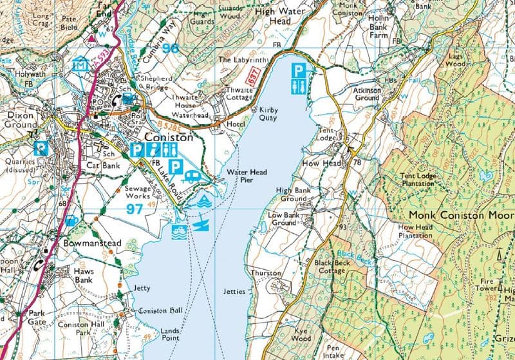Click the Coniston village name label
click(168, 137)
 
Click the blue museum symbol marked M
click(81, 64)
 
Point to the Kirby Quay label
click(268, 114)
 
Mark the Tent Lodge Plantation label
click(418, 179)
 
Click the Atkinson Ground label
click(367, 95)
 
